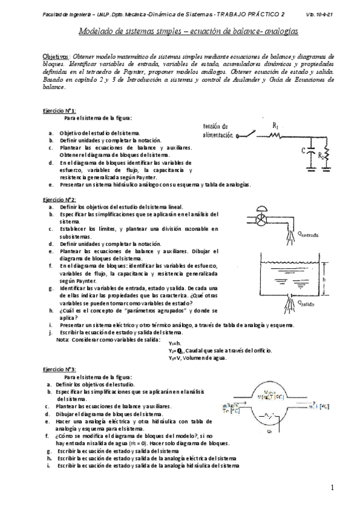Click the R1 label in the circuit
(x=275, y=126)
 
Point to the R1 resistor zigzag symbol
(x=275, y=136)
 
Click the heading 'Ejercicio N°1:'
(x=59, y=111)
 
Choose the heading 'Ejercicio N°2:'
(x=59, y=199)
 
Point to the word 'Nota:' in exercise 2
(x=63, y=339)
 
